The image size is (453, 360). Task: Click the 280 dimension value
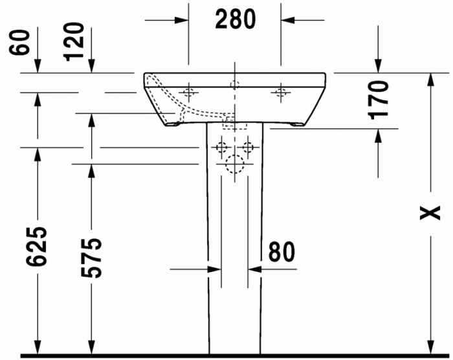(235, 19)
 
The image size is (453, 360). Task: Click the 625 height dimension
(38, 247)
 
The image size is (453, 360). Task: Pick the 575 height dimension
(91, 258)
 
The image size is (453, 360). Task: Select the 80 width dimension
(281, 253)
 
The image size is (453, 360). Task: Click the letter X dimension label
(430, 212)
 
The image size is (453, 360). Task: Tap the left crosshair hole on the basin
(190, 91)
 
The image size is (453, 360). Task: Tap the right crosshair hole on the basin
(280, 91)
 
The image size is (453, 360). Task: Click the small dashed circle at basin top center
(235, 84)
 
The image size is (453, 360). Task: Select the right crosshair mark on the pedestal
(249, 147)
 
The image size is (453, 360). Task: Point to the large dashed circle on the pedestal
(235, 166)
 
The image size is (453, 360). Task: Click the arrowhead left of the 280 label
(182, 19)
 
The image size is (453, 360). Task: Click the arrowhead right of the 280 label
(287, 19)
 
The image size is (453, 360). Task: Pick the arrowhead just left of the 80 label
(255, 267)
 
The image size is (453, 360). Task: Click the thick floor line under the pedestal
(235, 355)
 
